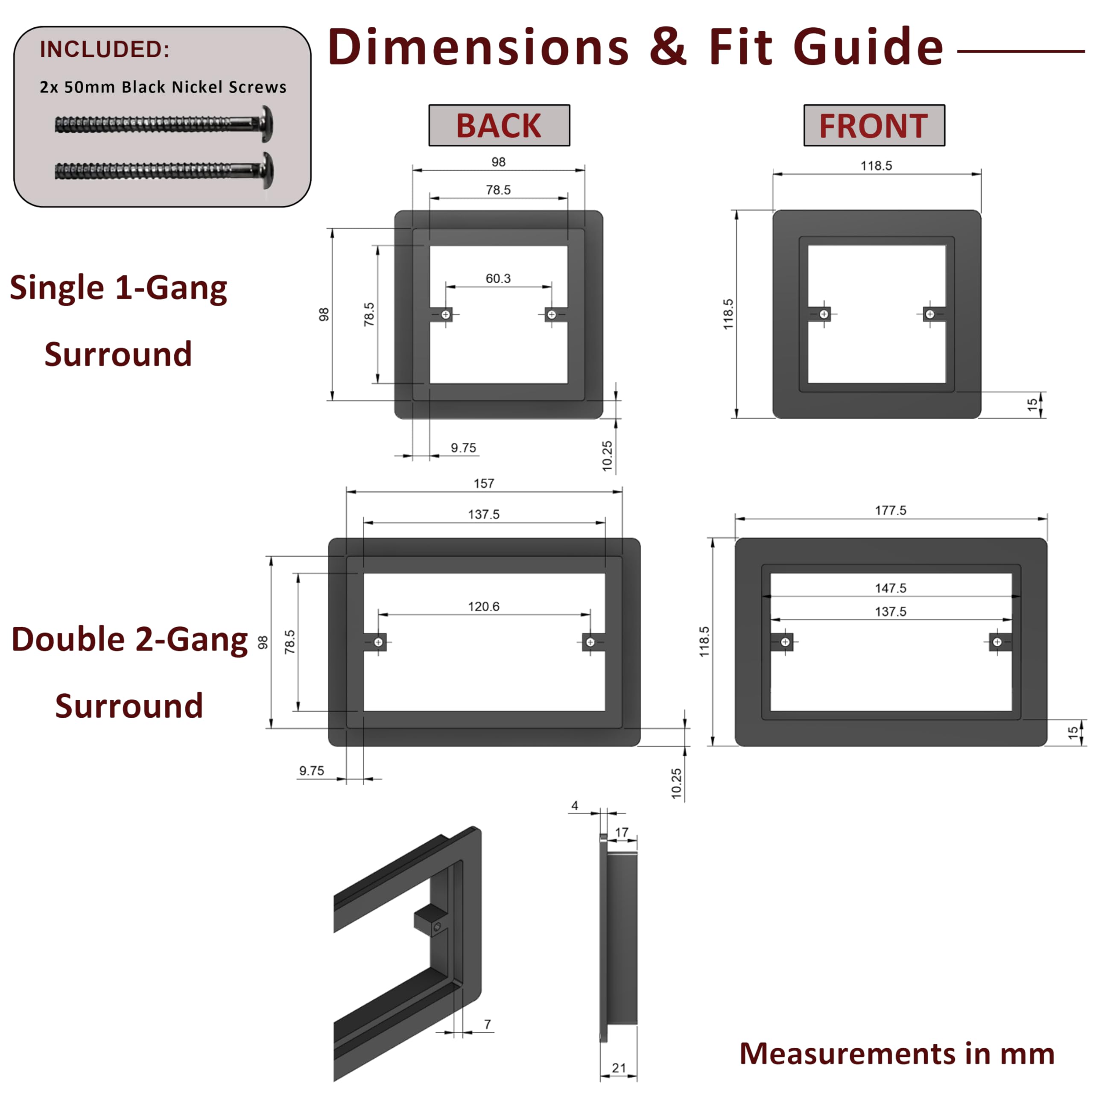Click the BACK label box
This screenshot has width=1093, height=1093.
(x=499, y=125)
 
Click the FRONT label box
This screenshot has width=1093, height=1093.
(x=874, y=125)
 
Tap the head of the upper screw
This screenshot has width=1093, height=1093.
(x=268, y=123)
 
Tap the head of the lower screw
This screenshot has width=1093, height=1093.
(x=268, y=170)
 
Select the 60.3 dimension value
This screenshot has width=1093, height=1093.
(x=498, y=278)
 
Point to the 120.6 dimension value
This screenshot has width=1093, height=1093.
(x=484, y=606)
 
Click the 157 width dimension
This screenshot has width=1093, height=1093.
(x=484, y=484)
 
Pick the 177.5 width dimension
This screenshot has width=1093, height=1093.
(x=891, y=510)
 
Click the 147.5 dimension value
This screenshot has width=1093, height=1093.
(x=891, y=588)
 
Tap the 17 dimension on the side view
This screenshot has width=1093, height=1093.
(x=622, y=832)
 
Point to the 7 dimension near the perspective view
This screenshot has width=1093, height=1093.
(x=488, y=1024)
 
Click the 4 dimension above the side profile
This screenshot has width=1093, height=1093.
(x=575, y=806)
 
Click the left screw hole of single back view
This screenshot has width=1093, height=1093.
(x=446, y=315)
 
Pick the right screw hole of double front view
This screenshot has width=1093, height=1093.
(x=997, y=642)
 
